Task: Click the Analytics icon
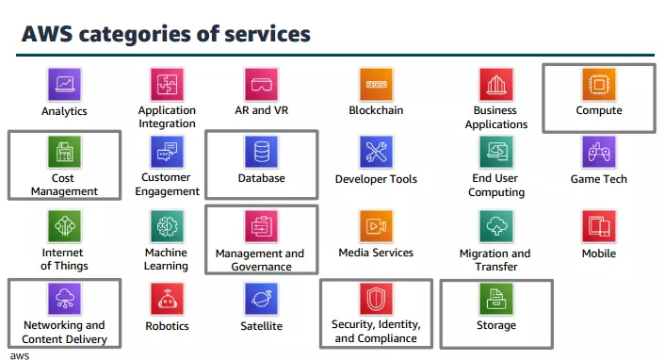tap(64, 85)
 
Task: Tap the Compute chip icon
tap(598, 85)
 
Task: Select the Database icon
tap(261, 152)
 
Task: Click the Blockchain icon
tap(376, 85)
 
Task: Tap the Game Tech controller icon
tap(598, 152)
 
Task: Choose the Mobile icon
tap(598, 226)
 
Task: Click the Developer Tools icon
tap(376, 152)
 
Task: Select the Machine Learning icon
tap(167, 226)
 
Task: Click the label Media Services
tap(376, 253)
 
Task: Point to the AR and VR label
tap(261, 110)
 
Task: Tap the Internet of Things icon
tap(64, 226)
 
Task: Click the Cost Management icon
tap(64, 152)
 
